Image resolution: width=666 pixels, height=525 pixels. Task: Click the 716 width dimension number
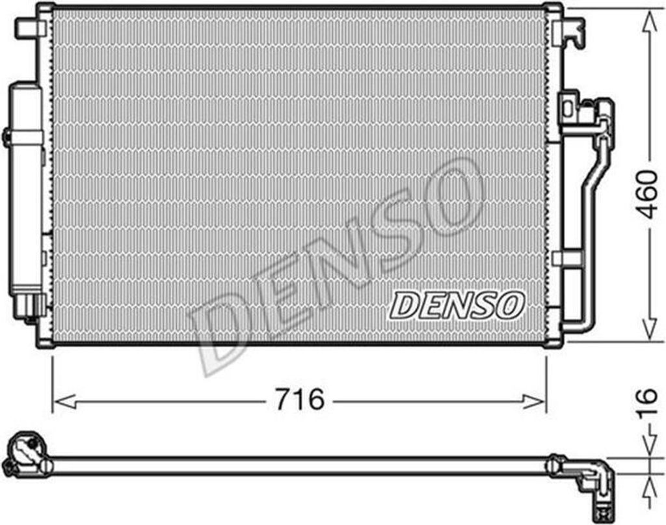click(299, 399)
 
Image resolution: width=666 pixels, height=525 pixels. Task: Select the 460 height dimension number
click(646, 195)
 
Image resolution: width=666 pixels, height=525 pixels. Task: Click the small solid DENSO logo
click(457, 305)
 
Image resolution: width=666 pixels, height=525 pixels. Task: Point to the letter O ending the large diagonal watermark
click(455, 196)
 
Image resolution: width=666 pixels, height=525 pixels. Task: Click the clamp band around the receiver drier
click(25, 137)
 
